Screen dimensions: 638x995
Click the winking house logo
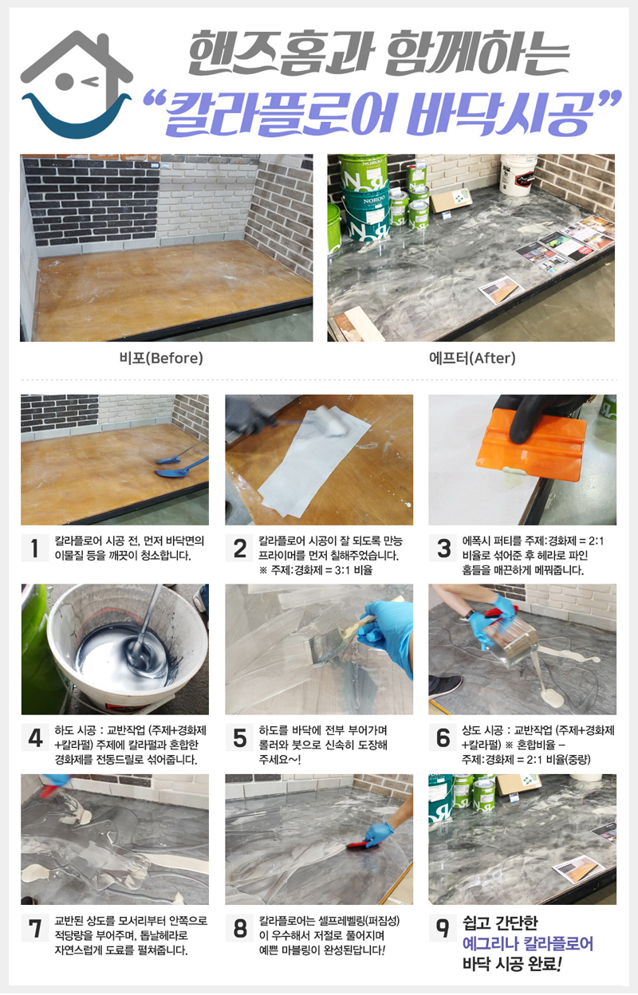pyautogui.click(x=77, y=85)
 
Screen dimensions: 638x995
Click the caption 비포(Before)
pyautogui.click(x=161, y=358)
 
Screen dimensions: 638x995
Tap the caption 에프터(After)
pyautogui.click(x=472, y=358)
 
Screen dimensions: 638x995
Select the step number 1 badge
pyautogui.click(x=34, y=549)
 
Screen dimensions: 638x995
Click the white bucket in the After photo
pyautogui.click(x=518, y=175)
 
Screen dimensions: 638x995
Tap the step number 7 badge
pyautogui.click(x=34, y=927)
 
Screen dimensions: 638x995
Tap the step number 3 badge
pyautogui.click(x=443, y=549)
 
